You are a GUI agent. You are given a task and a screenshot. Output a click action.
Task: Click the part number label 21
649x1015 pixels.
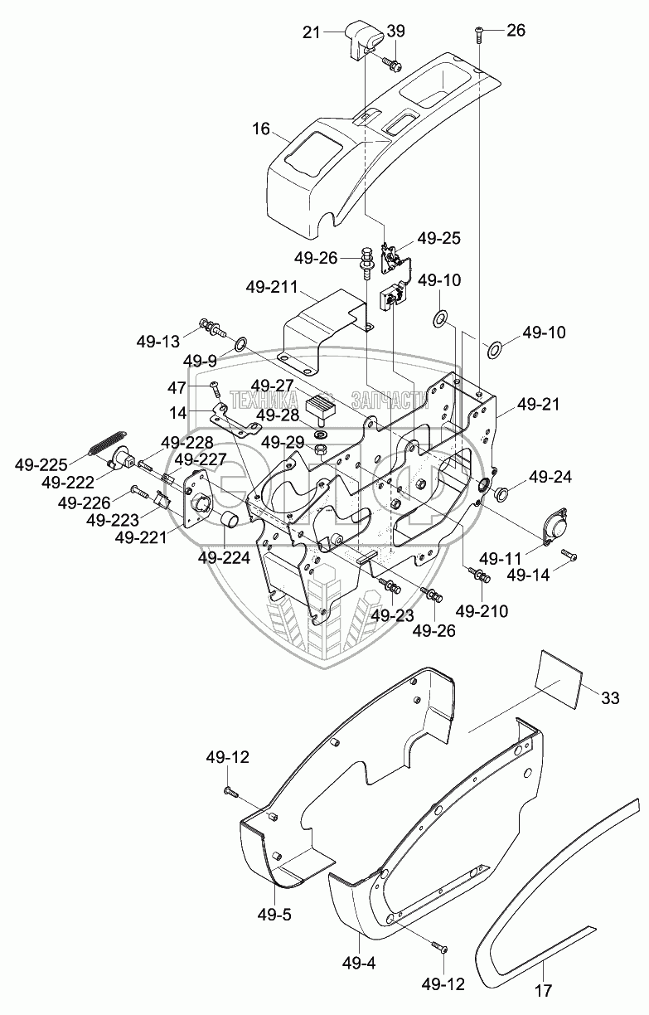pos(311,32)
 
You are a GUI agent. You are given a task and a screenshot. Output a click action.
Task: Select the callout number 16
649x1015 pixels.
pos(260,129)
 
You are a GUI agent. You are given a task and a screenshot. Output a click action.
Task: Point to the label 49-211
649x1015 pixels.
pos(272,287)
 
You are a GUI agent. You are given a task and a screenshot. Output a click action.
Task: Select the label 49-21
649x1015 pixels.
pos(538,404)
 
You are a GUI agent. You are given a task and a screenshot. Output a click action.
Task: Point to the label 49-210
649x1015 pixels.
pos(482,612)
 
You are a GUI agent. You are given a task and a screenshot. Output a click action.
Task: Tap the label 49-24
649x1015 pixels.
pos(550,477)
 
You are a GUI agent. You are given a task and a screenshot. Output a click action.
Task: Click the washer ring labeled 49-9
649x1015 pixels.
pos(240,344)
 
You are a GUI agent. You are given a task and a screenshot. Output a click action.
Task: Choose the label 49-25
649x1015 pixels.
pos(438,238)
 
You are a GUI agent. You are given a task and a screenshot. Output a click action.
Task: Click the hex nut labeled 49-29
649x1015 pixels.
pos(320,450)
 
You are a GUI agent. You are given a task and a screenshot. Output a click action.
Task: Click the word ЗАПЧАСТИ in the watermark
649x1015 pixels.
pos(390,400)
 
